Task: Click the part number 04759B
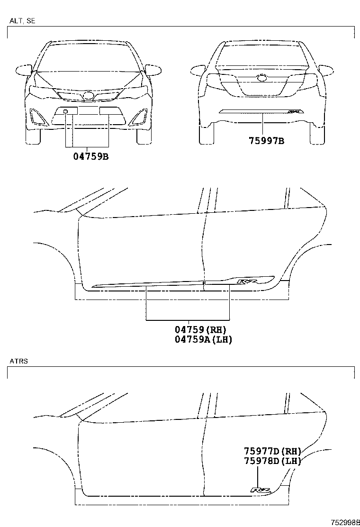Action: tap(91, 156)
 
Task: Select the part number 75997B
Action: tap(266, 140)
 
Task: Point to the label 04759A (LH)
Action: tap(204, 339)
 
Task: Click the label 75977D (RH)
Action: tap(272, 451)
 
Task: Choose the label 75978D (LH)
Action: tap(272, 461)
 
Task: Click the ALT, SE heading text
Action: tap(22, 21)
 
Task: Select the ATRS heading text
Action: tap(19, 361)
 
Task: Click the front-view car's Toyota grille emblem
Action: tap(89, 96)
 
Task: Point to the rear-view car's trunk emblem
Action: tap(261, 78)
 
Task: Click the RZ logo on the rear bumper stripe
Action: tap(294, 111)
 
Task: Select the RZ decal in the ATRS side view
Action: tap(261, 490)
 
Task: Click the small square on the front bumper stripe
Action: tap(66, 111)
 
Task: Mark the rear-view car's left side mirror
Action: tap(199, 71)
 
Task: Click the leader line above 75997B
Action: tap(263, 124)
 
